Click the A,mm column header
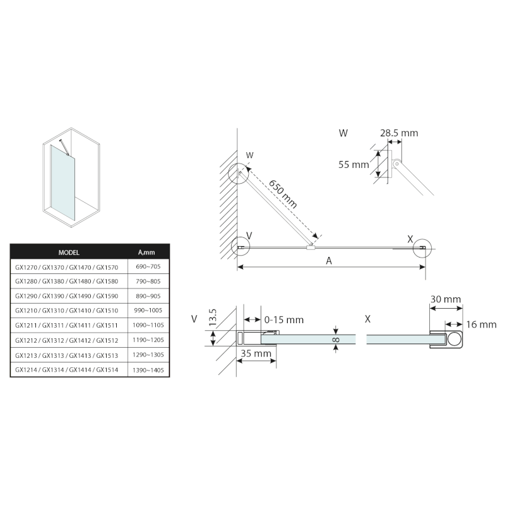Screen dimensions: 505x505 (146, 252)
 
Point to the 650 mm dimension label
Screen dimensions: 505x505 (283, 194)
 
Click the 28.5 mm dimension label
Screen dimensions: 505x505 (399, 133)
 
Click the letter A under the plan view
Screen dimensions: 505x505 (328, 261)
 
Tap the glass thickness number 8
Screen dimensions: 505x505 (336, 340)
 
